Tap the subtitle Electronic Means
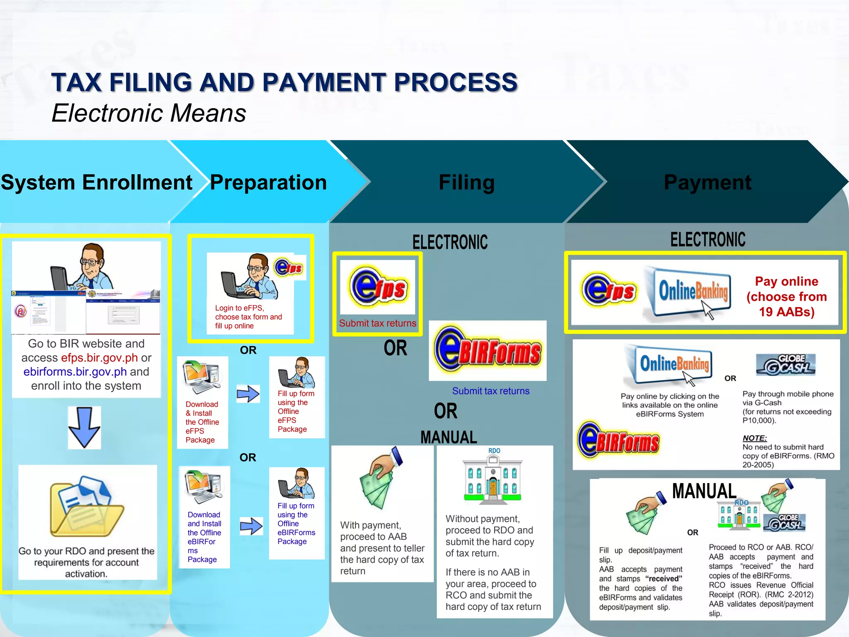149,113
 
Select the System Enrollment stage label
96,182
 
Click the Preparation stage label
268,182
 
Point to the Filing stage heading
466,182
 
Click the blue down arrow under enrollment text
84,427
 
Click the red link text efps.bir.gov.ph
99,357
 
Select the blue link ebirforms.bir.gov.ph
75,372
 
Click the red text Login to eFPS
239,308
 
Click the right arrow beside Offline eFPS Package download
248,394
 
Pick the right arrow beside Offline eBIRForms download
251,526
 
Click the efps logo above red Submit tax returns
378,287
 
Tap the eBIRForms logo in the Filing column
488,351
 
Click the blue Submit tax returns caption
490,391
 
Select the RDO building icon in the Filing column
492,477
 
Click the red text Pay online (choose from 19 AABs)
786,297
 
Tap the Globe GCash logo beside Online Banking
786,365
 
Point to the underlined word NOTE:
754,438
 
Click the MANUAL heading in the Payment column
704,491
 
